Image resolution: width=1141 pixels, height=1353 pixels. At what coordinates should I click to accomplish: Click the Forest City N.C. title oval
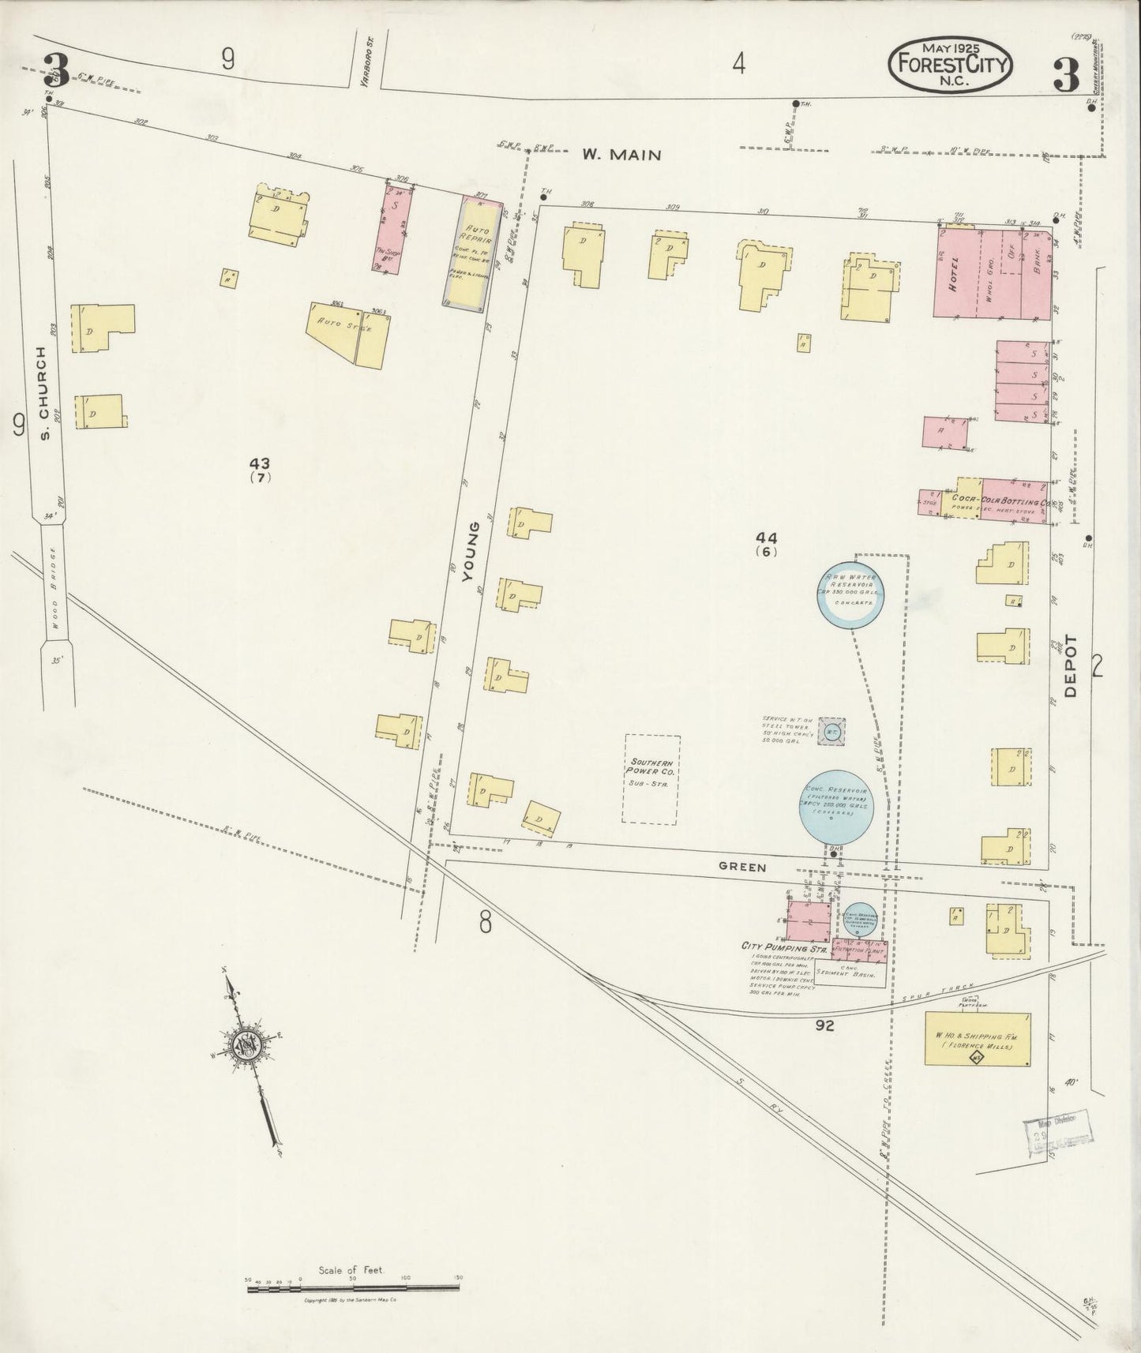click(950, 65)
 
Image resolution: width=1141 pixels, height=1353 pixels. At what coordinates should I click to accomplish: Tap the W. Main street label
click(621, 156)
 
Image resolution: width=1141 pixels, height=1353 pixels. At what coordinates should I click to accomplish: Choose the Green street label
click(741, 867)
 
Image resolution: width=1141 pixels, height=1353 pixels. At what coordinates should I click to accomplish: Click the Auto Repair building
click(472, 250)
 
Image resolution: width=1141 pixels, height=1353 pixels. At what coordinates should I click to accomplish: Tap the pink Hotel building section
click(955, 272)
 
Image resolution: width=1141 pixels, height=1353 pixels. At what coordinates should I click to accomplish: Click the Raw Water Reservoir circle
click(850, 595)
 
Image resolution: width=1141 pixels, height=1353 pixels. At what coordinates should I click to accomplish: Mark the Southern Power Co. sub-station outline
click(651, 778)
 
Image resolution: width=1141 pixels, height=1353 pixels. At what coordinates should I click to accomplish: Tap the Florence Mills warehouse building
click(977, 1040)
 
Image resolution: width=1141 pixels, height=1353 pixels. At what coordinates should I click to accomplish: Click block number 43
click(260, 463)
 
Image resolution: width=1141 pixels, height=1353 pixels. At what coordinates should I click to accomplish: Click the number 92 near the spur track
click(825, 1025)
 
